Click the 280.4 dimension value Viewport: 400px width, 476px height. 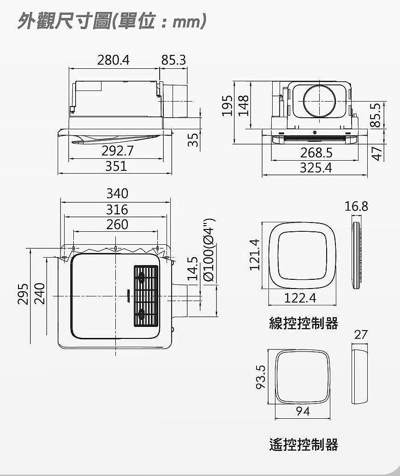113,60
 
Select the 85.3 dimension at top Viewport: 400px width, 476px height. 173,60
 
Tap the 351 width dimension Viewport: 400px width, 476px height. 116,166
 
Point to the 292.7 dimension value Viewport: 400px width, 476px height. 117,151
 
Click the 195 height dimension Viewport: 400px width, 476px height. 227,106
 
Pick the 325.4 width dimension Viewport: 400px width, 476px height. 316,168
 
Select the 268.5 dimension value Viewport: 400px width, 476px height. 316,153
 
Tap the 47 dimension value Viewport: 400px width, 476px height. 376,154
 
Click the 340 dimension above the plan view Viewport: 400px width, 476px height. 117,193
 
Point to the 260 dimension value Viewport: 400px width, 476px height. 117,225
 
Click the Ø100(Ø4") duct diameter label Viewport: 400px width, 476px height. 209,250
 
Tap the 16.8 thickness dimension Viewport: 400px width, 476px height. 356,207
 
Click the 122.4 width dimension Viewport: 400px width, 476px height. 300,298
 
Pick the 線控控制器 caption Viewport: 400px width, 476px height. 304,323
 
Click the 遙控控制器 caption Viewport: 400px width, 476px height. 304,445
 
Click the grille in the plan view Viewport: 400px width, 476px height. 146,296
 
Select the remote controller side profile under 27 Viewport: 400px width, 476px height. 360,374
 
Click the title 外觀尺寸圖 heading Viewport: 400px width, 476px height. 64,21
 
